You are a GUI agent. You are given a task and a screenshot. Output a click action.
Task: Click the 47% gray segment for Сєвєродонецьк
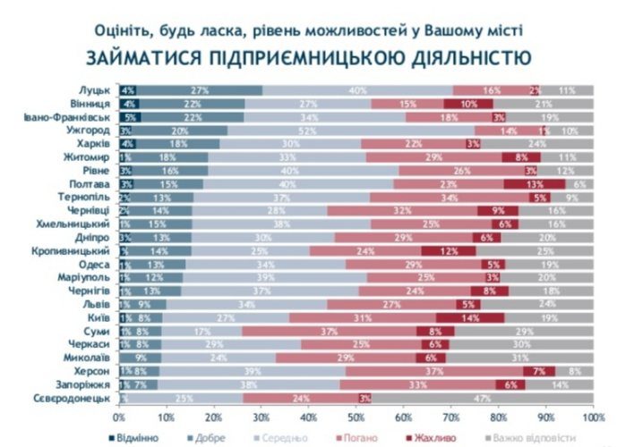click(x=483, y=397)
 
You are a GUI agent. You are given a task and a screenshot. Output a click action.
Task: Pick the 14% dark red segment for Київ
click(x=470, y=318)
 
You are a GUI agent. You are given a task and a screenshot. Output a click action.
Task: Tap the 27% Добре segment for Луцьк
click(x=201, y=90)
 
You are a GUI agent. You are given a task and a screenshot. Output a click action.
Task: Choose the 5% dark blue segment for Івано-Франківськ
click(x=130, y=116)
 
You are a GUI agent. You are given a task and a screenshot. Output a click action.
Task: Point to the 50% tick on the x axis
click(x=356, y=417)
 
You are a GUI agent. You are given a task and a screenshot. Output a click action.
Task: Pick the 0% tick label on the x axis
click(x=119, y=417)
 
